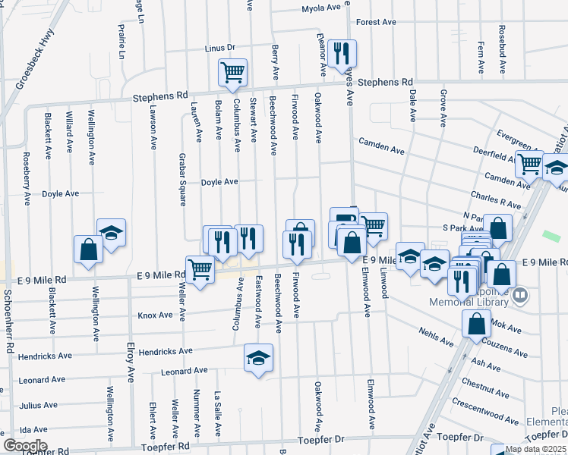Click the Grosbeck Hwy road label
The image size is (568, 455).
point(34,58)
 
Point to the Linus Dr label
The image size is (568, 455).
point(220,49)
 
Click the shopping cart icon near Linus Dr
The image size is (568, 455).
point(232,73)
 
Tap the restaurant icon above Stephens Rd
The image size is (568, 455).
point(342,53)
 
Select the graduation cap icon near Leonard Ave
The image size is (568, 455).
point(258,359)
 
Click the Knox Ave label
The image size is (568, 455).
point(155,315)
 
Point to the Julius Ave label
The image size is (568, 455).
point(39,406)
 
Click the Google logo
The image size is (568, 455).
point(25,446)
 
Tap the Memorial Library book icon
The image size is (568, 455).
point(520,294)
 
